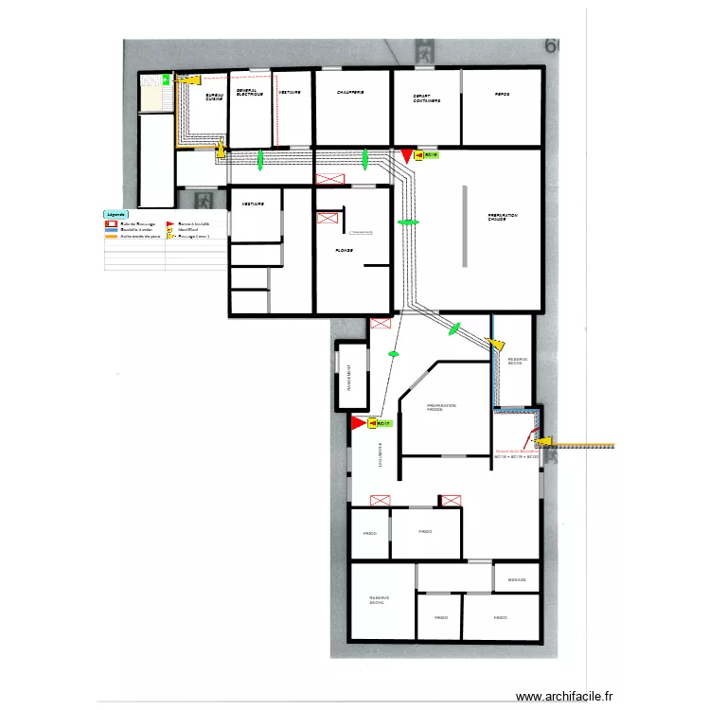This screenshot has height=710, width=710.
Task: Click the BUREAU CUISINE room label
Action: (215, 98)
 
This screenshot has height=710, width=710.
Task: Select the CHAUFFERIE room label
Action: (350, 93)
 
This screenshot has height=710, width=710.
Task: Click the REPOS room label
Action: (502, 94)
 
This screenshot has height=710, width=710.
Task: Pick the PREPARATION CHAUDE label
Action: (503, 217)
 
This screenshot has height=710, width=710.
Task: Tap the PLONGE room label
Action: (345, 250)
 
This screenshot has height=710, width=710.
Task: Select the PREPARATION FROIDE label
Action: (441, 407)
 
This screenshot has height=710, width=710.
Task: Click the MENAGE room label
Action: (517, 579)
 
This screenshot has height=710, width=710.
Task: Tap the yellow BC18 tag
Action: (431, 154)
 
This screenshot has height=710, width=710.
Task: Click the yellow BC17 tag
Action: (382, 424)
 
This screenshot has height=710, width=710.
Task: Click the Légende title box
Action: (116, 215)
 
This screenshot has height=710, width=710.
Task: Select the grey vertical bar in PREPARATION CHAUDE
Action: (464, 225)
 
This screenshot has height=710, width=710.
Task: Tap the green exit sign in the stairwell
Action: (165, 80)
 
